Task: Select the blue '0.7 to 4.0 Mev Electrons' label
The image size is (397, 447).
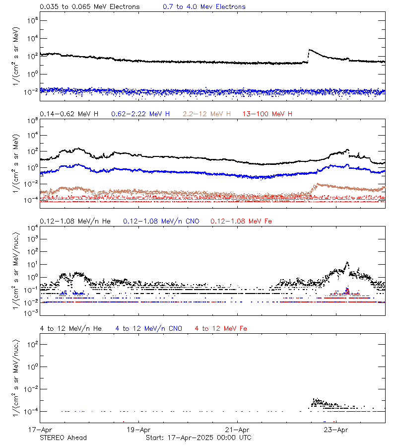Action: (x=204, y=7)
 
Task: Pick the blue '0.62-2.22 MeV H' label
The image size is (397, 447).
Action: (x=140, y=114)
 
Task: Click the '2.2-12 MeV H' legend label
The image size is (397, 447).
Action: (x=207, y=114)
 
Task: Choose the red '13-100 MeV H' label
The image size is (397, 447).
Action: (x=267, y=114)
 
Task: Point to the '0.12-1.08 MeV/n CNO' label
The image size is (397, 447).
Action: (x=161, y=221)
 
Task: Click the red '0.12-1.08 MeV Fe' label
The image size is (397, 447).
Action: (x=241, y=221)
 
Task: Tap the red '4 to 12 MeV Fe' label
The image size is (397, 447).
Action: (x=221, y=329)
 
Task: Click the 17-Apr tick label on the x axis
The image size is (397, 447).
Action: (x=41, y=430)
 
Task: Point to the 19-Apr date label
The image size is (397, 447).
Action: (x=138, y=430)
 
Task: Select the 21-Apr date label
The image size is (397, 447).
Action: (x=237, y=430)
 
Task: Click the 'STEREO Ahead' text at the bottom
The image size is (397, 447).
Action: (x=63, y=438)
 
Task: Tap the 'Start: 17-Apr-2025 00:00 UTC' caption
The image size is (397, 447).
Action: (x=198, y=438)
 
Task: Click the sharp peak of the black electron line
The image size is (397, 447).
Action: (x=310, y=50)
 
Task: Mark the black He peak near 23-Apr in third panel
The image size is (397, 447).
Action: (x=347, y=263)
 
